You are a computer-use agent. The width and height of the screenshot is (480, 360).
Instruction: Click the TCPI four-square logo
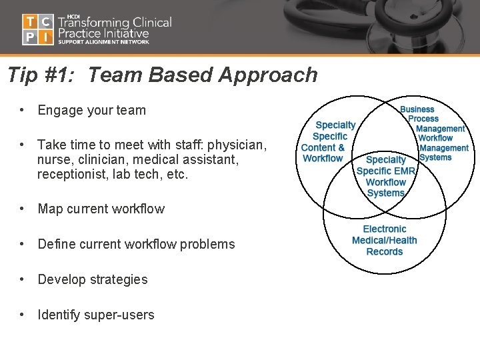[x=37, y=29]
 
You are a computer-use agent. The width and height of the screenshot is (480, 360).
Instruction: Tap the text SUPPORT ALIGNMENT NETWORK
[x=103, y=41]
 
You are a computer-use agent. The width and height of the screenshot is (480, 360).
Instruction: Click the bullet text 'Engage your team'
[x=91, y=110]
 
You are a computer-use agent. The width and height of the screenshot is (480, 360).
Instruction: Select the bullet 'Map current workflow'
[x=101, y=209]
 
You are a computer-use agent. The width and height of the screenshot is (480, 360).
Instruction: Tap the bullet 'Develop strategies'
[x=93, y=279]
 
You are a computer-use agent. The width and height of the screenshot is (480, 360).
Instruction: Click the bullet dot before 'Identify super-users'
[x=23, y=315]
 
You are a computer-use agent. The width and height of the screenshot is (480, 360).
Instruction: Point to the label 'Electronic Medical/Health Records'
[x=385, y=240]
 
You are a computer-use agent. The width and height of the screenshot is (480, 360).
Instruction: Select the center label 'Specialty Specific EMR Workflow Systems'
[x=386, y=176]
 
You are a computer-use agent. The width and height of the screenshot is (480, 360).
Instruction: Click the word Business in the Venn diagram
[x=417, y=109]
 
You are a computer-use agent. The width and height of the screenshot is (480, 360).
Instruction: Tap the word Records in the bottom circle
[x=385, y=251]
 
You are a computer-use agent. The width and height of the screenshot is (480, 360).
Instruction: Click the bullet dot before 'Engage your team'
[x=23, y=110]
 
